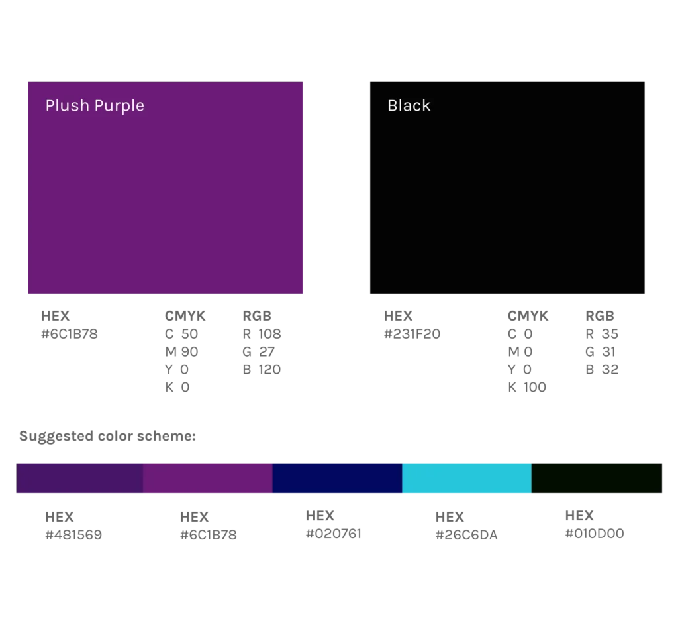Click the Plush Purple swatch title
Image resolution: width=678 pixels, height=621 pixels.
point(95,106)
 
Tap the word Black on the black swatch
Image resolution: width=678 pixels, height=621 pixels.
point(409,105)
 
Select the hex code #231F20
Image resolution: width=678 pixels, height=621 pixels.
point(412,334)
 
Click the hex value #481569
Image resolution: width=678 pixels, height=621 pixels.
point(73,535)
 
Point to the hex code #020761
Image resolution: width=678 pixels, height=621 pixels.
point(334,534)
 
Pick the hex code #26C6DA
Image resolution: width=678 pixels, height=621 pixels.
point(467,536)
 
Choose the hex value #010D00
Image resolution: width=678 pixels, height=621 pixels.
point(595,534)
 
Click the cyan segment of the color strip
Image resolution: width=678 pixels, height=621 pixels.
point(467,479)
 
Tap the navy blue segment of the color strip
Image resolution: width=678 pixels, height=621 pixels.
point(337,479)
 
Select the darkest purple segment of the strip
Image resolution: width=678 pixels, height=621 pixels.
point(79,479)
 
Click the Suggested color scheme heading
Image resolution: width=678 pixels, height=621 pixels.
point(108,436)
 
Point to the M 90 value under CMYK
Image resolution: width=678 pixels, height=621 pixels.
point(181,352)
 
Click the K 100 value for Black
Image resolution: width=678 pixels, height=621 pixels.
point(527,387)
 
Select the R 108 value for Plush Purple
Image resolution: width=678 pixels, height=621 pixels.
point(262,334)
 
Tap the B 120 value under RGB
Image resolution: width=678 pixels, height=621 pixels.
point(262,370)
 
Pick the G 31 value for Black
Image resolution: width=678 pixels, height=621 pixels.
point(601,352)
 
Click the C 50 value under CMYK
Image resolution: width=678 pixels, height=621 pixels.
point(181,334)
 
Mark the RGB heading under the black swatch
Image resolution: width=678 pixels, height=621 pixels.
point(600,316)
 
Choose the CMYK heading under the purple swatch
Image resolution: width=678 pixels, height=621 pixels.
point(185,316)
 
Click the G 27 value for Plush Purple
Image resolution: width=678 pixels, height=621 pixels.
point(259,352)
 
